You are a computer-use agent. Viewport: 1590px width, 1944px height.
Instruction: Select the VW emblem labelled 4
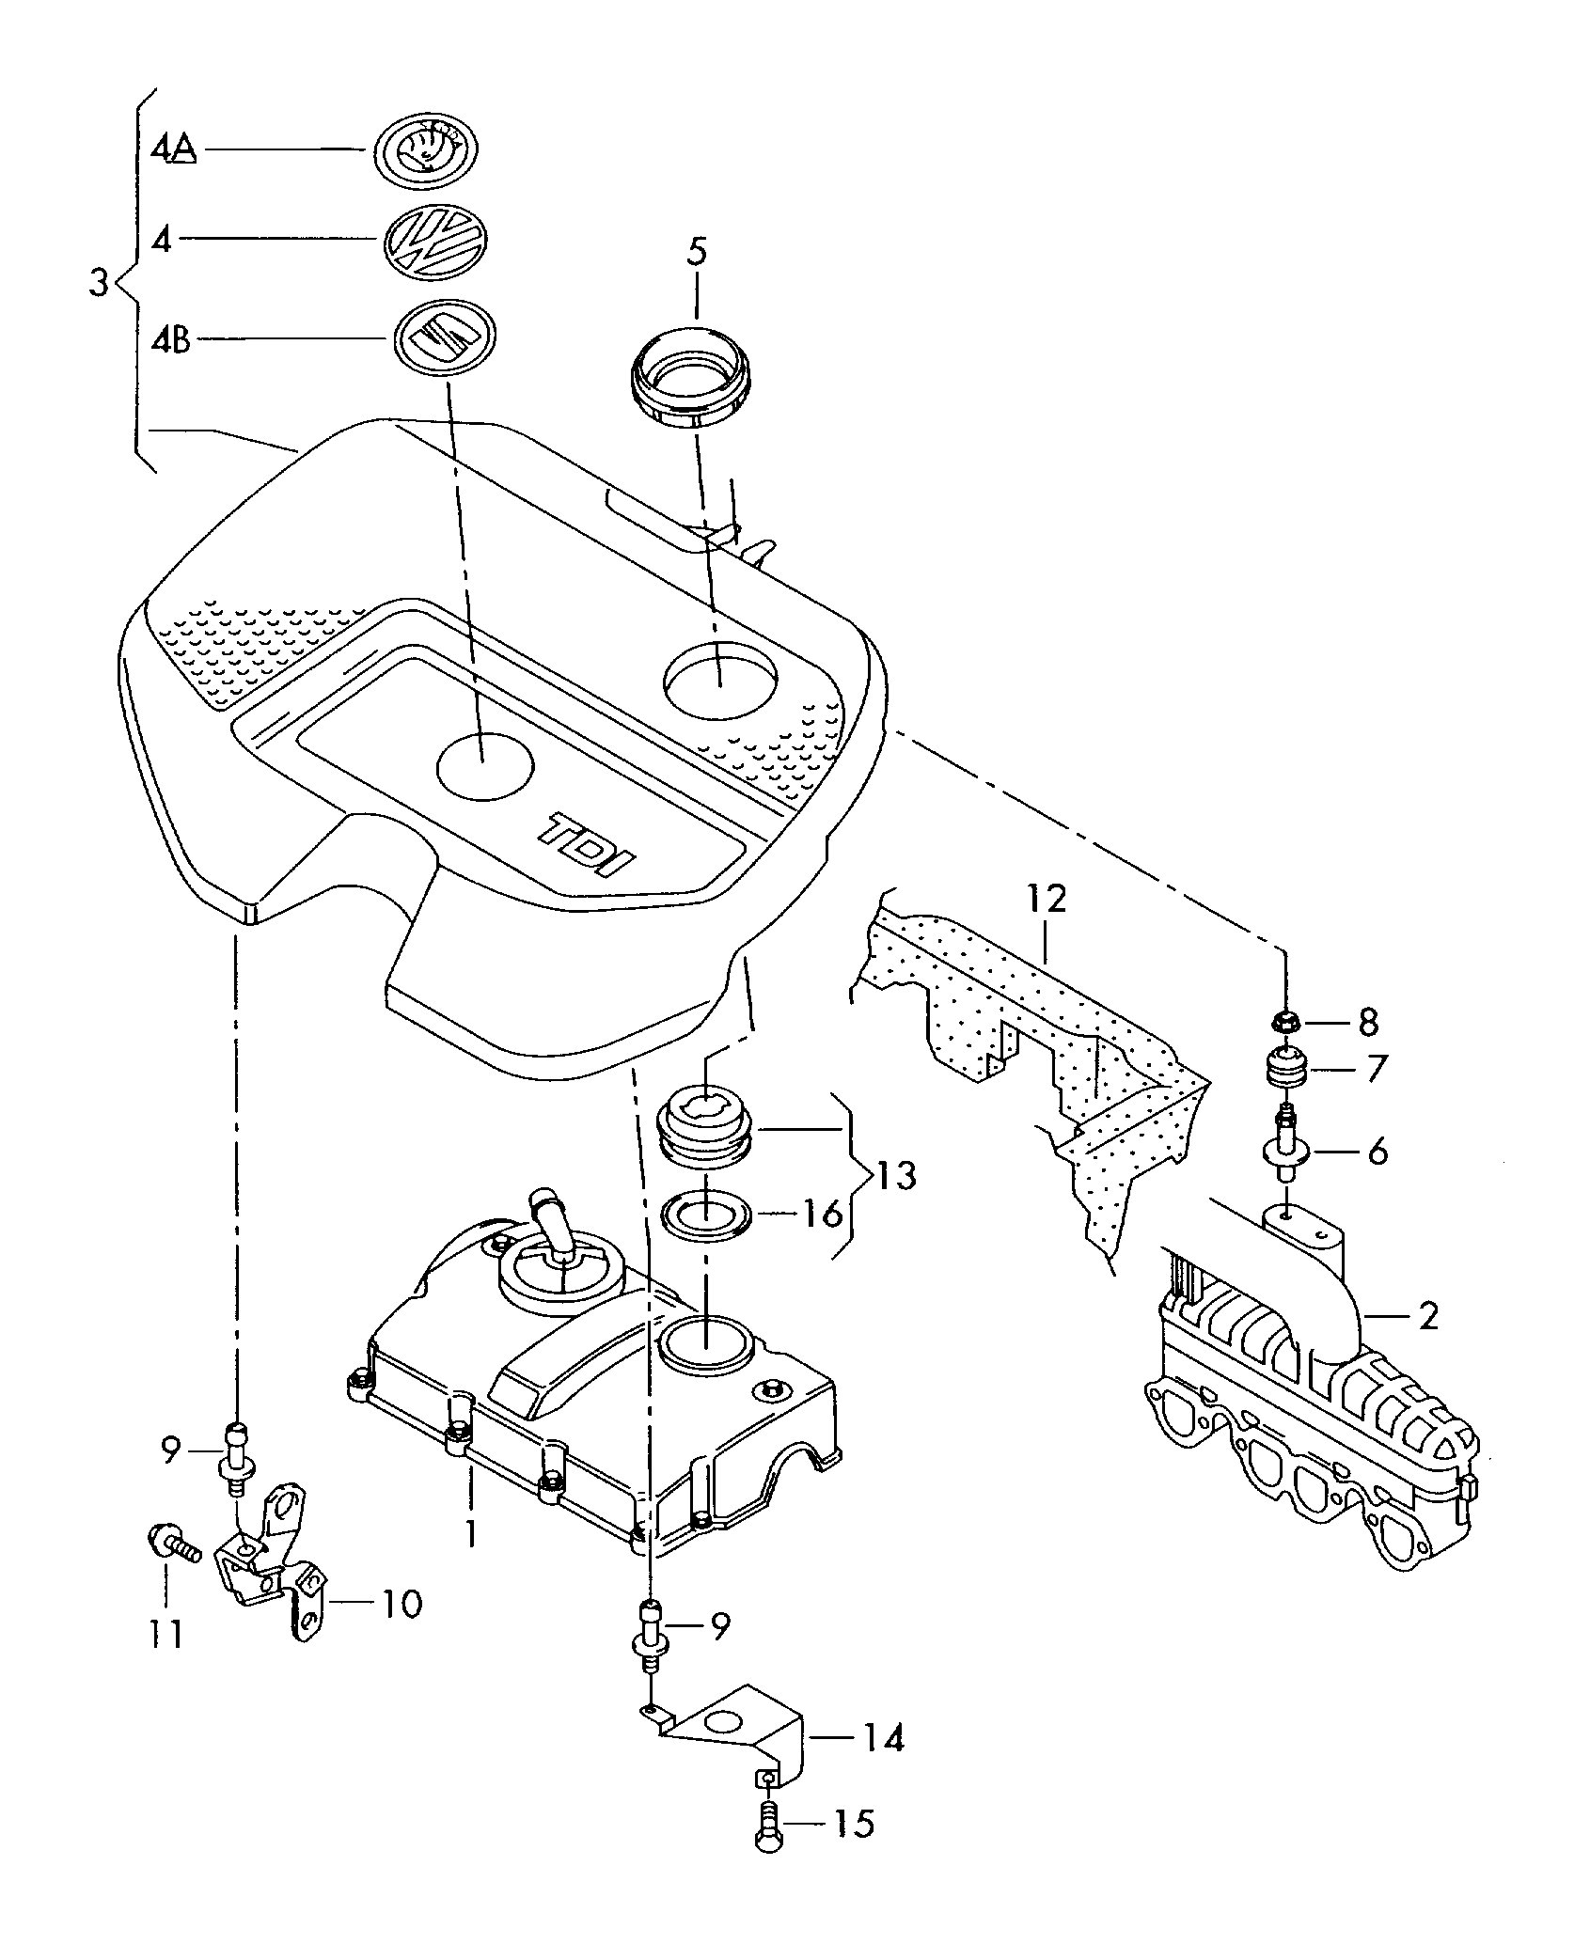click(435, 243)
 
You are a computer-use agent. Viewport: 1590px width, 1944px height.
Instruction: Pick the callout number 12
click(1047, 900)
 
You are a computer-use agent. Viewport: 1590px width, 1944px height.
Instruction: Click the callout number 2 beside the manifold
click(1427, 1317)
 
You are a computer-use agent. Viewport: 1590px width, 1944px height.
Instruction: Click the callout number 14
click(881, 1738)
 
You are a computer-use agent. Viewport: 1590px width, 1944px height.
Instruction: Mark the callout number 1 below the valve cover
click(471, 1535)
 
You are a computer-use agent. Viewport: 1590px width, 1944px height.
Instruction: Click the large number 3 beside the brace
click(99, 282)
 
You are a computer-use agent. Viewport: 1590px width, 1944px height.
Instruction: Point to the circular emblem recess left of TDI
click(486, 767)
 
